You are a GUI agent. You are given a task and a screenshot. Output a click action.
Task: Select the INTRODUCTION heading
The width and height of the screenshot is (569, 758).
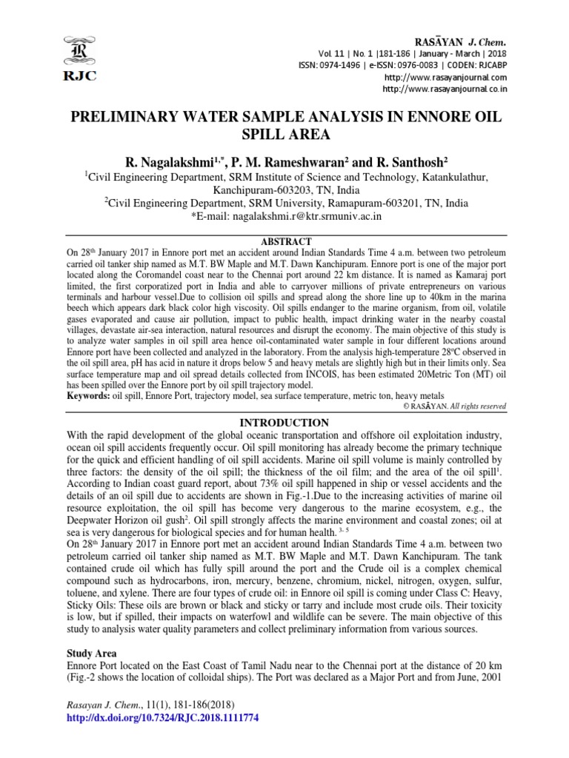[285, 423]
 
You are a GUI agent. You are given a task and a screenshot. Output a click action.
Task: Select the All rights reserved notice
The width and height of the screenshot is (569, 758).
[479, 406]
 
